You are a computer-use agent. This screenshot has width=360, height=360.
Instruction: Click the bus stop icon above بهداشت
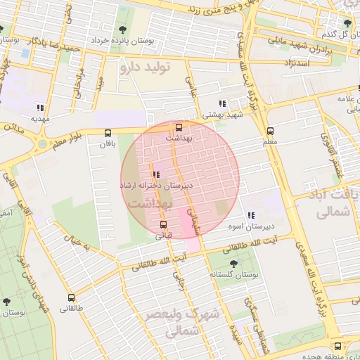coord(179,127)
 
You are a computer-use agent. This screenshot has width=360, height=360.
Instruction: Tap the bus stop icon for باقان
coord(108,133)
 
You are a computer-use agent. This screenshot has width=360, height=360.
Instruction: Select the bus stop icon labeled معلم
coord(270,131)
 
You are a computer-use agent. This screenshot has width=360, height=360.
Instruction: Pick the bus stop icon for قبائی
coord(164,224)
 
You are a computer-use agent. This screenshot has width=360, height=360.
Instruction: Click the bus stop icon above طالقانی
coord(71,297)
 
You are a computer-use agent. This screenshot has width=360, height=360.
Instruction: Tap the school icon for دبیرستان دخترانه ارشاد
coord(155,174)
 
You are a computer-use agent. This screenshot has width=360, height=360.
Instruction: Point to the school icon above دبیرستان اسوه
coord(251,215)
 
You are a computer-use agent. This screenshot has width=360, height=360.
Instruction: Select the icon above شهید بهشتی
coord(223,103)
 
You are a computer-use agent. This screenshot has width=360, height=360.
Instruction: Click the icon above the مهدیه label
coord(40,108)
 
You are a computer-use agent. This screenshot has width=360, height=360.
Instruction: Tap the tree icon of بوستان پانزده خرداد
coord(124,30)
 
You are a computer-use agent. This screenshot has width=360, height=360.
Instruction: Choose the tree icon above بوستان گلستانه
coord(233,264)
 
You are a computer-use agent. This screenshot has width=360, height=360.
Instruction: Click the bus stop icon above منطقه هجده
coord(338,346)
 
